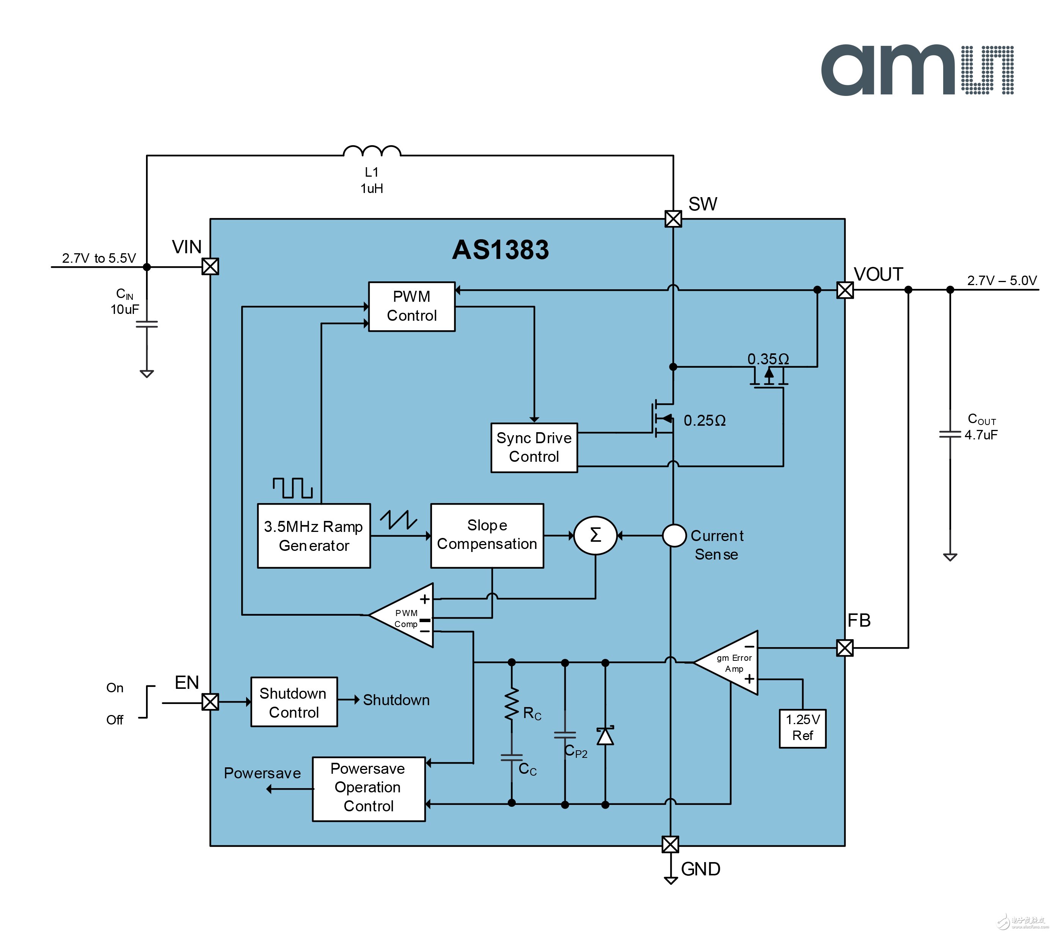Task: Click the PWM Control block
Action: [x=412, y=306]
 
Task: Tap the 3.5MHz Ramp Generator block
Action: [x=313, y=536]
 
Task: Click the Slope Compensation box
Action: [x=487, y=535]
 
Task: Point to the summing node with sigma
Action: [x=595, y=535]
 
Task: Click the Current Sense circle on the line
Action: [x=674, y=535]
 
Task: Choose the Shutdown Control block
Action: [x=294, y=702]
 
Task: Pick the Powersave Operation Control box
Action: [x=369, y=789]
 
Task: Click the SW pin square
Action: [x=673, y=219]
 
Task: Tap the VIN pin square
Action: [x=210, y=267]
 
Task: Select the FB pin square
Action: [x=845, y=648]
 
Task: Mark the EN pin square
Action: [x=210, y=702]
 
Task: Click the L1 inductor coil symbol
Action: [x=372, y=151]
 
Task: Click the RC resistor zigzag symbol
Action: [x=512, y=704]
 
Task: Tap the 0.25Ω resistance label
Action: [x=705, y=420]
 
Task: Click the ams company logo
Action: [x=917, y=71]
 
